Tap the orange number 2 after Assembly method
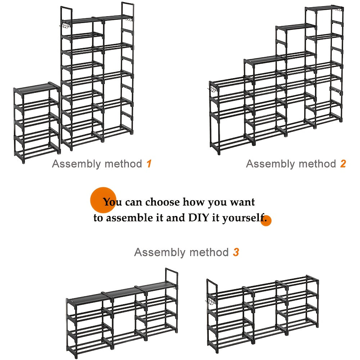[x=343, y=164]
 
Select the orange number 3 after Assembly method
[x=236, y=252]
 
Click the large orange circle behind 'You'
[x=103, y=200]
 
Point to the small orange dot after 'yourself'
[x=266, y=220]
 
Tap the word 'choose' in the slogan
[x=162, y=202]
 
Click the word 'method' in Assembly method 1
[x=123, y=164]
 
